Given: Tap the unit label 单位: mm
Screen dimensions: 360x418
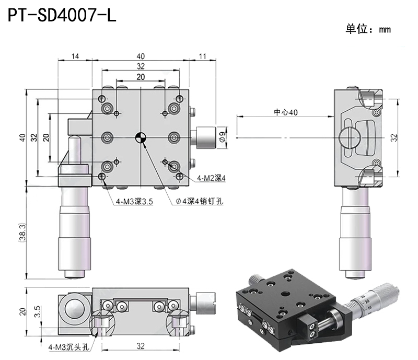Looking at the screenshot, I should (x=367, y=29).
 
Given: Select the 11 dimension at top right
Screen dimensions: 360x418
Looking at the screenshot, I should (x=203, y=56).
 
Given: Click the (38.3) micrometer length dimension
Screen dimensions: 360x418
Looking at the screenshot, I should (x=21, y=232).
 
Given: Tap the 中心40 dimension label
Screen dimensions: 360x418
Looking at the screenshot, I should (x=286, y=112).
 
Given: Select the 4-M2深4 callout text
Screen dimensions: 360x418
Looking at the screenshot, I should (x=211, y=179).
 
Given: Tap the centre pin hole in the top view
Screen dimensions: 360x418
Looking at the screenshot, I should (x=140, y=137).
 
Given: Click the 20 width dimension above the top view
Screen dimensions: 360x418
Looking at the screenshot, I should (x=140, y=77).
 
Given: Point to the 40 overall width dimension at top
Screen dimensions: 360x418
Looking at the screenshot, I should (x=140, y=56).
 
